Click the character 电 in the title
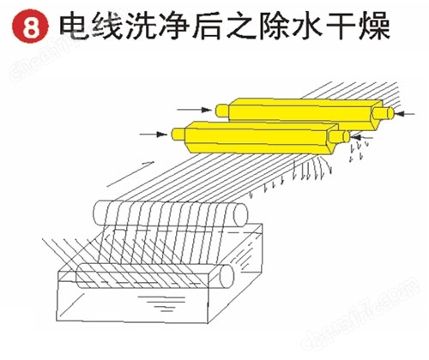click(75, 27)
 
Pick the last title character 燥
click(374, 27)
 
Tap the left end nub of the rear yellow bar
click(222, 111)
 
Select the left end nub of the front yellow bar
click(178, 134)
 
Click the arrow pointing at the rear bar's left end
click(195, 110)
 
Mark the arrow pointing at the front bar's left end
click(154, 134)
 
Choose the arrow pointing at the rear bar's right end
click(404, 114)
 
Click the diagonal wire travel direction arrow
click(130, 174)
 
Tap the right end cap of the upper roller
click(240, 215)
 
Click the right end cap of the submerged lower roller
click(227, 277)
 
